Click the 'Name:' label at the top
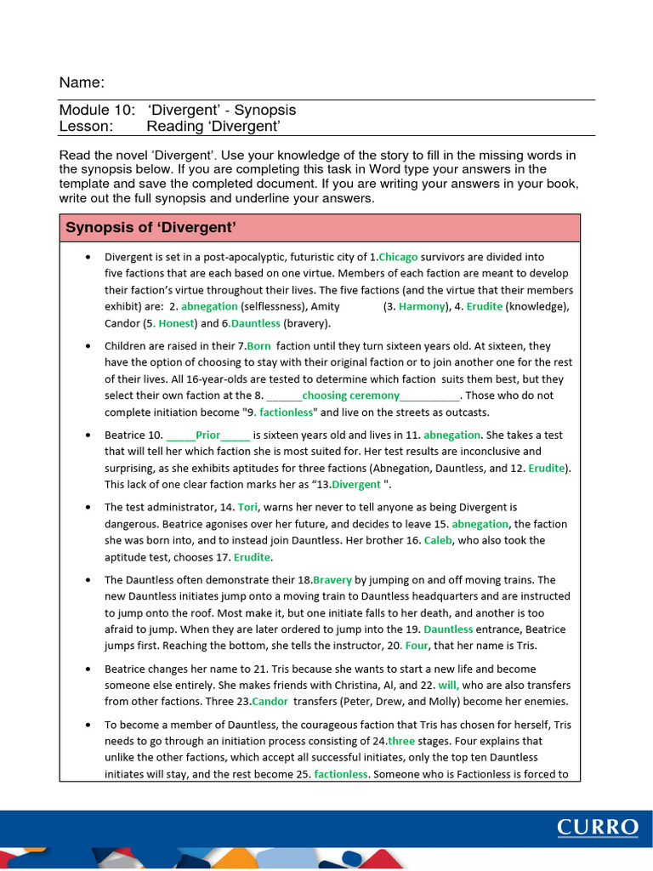click(82, 83)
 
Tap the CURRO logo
click(598, 828)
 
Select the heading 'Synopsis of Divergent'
click(150, 227)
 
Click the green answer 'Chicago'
click(399, 257)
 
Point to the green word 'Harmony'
click(422, 306)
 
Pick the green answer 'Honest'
click(176, 323)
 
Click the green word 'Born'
click(258, 346)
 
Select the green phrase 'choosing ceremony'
click(350, 396)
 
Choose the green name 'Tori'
click(247, 507)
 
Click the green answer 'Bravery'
click(332, 579)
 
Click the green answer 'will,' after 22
click(448, 685)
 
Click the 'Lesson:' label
click(86, 127)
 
